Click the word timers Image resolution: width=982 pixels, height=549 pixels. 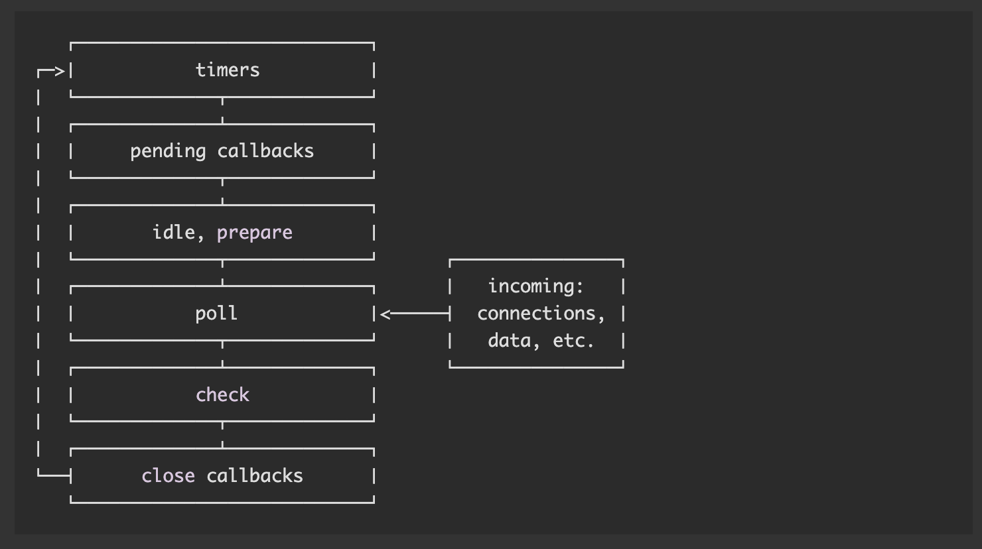[228, 70]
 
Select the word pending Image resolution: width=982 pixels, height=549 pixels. [168, 152]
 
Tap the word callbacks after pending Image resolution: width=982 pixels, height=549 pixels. [265, 151]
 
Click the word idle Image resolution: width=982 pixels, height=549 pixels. [173, 232]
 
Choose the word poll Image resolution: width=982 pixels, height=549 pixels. [216, 314]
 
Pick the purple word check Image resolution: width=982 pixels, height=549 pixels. [223, 395]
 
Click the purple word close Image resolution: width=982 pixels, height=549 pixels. [169, 475]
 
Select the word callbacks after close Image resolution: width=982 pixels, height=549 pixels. [255, 475]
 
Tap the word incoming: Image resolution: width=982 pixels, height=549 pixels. [535, 286]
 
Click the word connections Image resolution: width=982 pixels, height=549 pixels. [535, 313]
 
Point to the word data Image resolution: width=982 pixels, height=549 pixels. [509, 340]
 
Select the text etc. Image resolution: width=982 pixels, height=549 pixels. [573, 340]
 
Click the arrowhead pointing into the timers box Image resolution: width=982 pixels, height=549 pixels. [60, 71]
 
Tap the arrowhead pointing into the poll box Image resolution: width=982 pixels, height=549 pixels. [385, 314]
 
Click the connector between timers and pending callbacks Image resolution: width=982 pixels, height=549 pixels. [222, 111]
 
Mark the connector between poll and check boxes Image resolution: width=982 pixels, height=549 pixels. [222, 354]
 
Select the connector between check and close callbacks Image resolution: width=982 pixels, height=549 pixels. [222, 435]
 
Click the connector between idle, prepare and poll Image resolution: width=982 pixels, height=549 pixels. [222, 273]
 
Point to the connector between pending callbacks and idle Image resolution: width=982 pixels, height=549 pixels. [222, 192]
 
